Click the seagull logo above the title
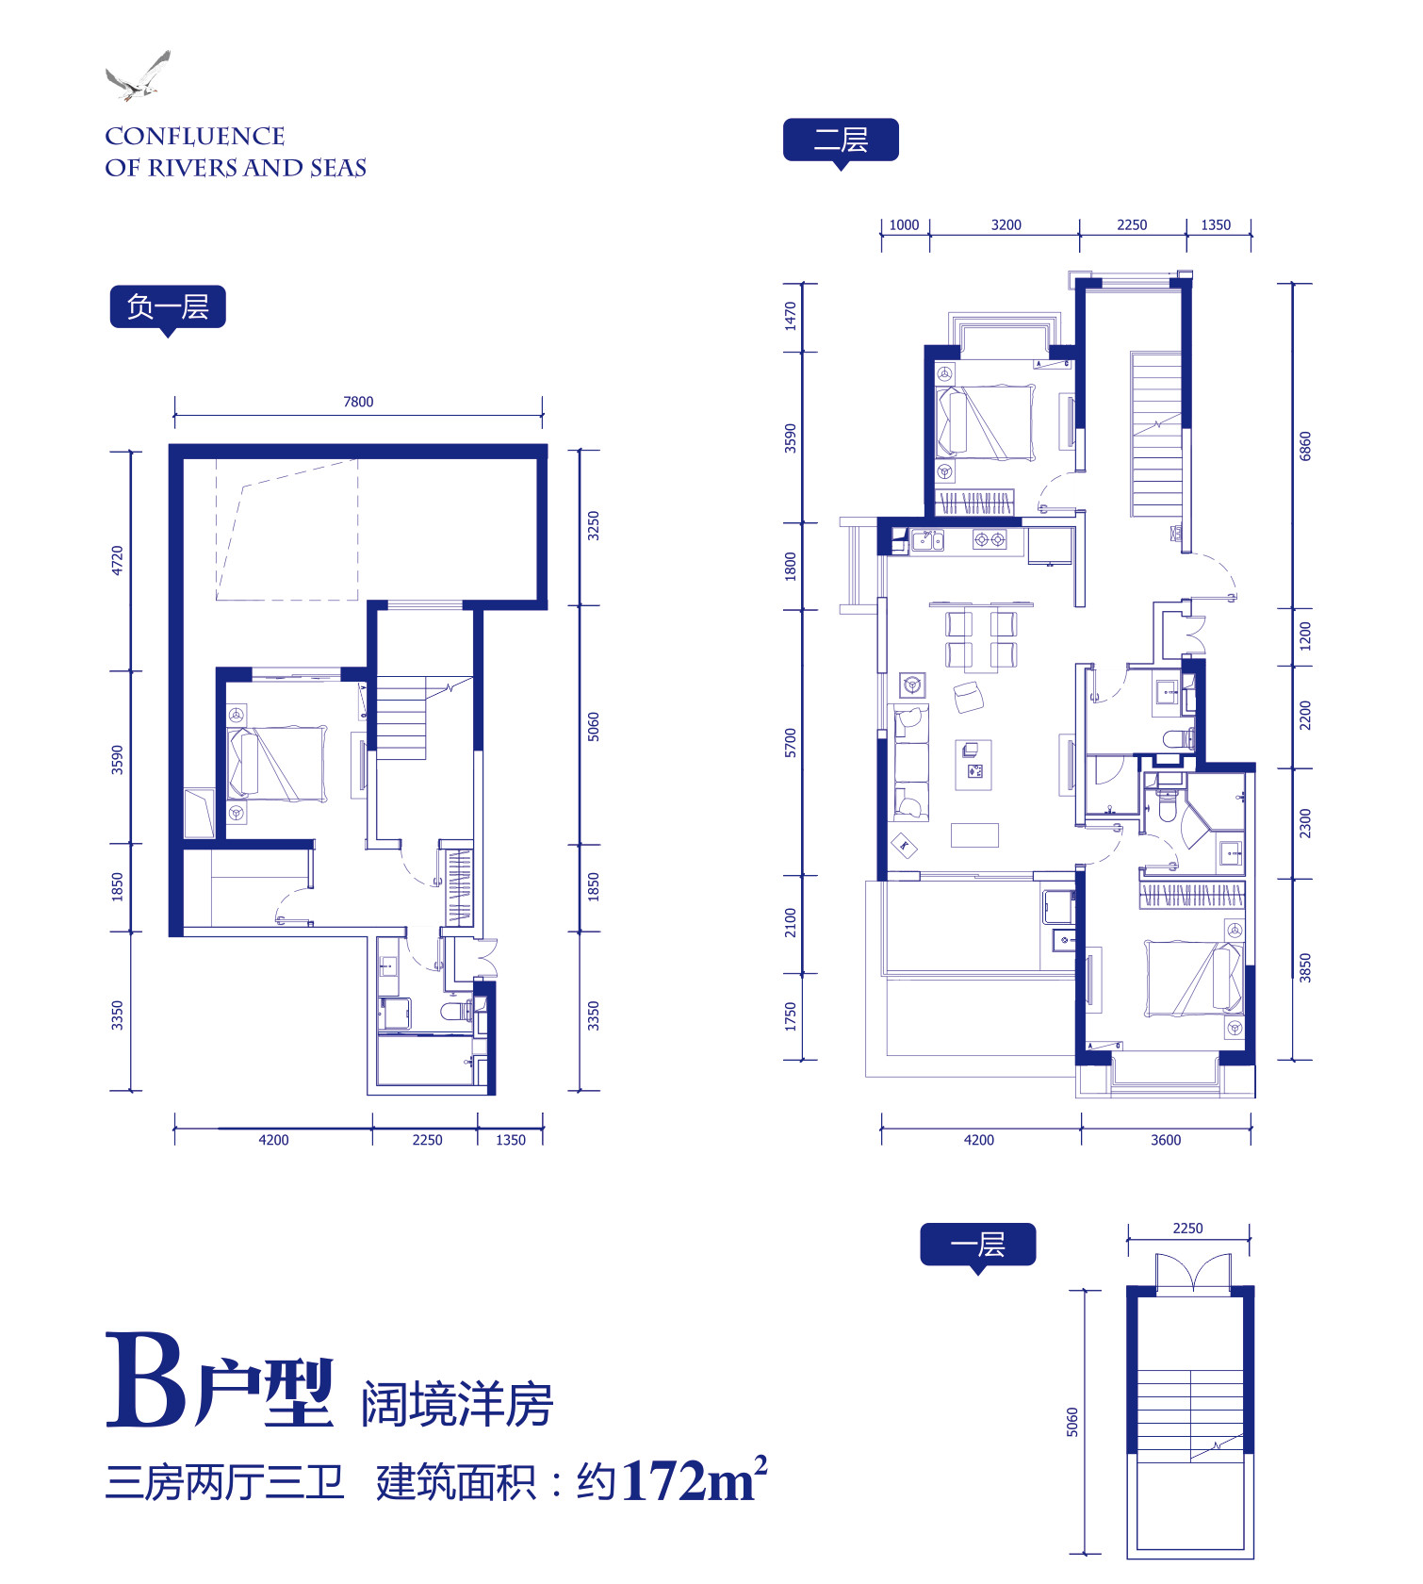[138, 75]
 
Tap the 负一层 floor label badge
[168, 307]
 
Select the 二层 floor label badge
[841, 141]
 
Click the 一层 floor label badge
[978, 1246]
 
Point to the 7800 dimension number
[358, 402]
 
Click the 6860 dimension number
[1305, 445]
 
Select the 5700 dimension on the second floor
[791, 743]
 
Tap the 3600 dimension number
[1166, 1140]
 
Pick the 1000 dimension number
[904, 224]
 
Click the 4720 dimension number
[117, 560]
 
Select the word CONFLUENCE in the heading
[195, 137]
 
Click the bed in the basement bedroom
[277, 764]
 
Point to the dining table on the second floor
[981, 638]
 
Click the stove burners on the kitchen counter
[990, 540]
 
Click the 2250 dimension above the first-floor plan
[1187, 1228]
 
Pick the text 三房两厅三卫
[225, 1482]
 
